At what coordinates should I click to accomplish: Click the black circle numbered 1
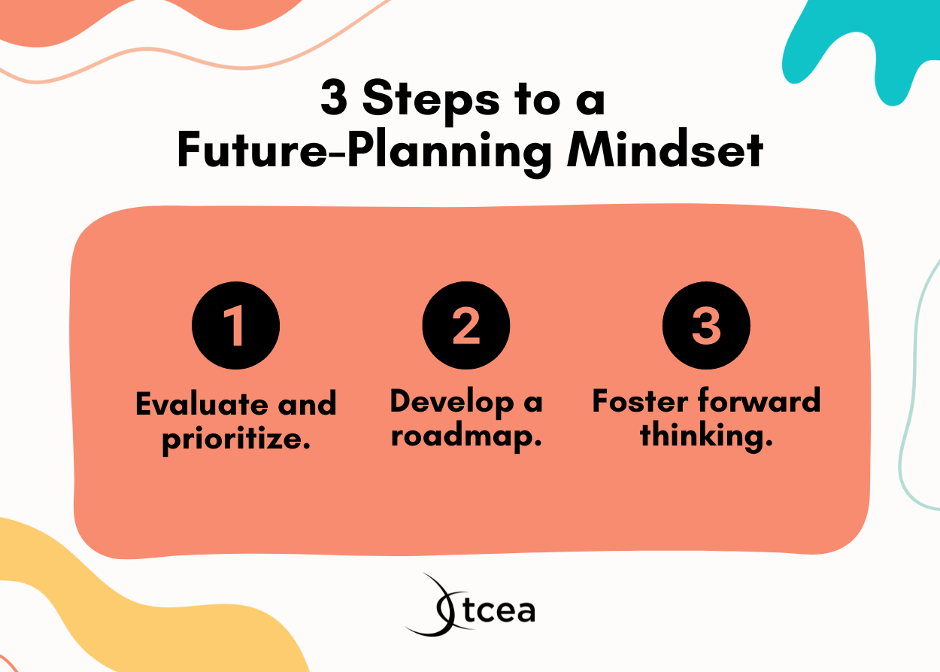(x=236, y=326)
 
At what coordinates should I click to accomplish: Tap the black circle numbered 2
(x=466, y=326)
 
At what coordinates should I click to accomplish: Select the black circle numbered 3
(x=706, y=326)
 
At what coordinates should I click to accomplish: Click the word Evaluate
(x=202, y=405)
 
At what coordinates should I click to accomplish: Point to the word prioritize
(x=236, y=438)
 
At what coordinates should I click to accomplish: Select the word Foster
(x=641, y=401)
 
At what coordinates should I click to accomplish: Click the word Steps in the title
(x=432, y=101)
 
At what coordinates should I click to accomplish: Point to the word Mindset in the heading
(x=666, y=151)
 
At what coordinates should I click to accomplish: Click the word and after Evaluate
(x=307, y=405)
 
